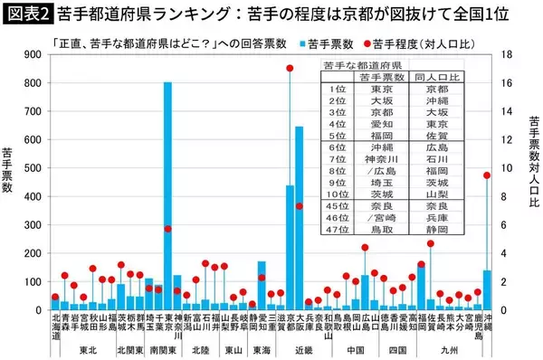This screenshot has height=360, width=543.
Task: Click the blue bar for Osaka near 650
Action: click(x=300, y=217)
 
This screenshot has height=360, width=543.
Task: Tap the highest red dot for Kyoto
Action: click(x=290, y=68)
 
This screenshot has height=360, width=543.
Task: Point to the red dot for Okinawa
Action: click(x=487, y=175)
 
